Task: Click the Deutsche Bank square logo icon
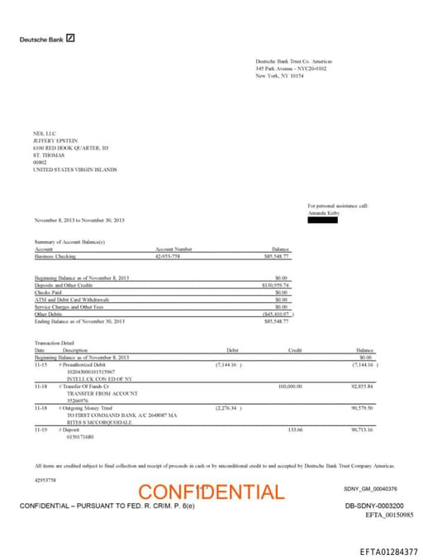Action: (x=71, y=38)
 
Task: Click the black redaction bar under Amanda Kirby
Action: (x=323, y=220)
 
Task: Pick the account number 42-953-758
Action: (x=168, y=257)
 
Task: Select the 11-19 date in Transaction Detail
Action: (x=40, y=429)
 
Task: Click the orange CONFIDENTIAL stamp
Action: (x=211, y=492)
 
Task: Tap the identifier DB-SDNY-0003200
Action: (x=374, y=505)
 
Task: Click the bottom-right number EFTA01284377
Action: (x=388, y=551)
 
